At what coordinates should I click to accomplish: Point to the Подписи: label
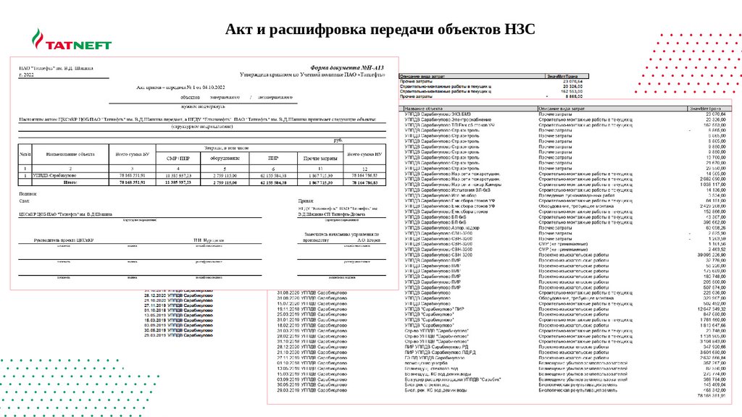tap(28, 194)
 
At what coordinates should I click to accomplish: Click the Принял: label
tap(307, 202)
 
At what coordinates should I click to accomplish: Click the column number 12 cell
tap(364, 168)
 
